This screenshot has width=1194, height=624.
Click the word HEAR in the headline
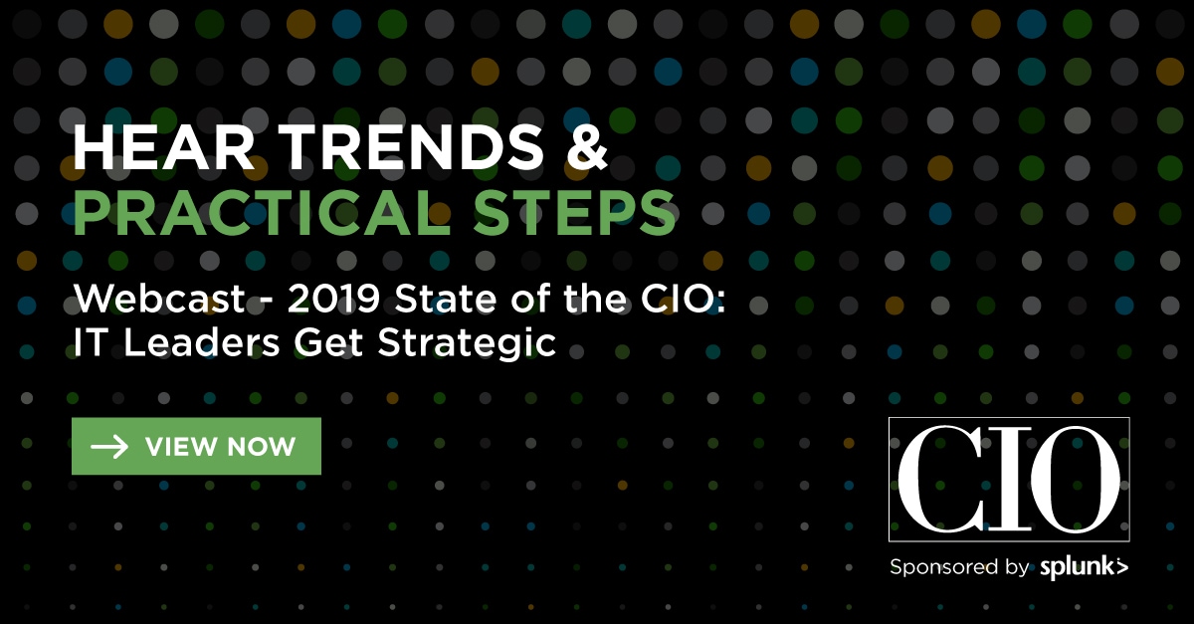tap(163, 146)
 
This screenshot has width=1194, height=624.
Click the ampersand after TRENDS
tap(587, 146)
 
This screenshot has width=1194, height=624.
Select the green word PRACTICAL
tap(262, 213)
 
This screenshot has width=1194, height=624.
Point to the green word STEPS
tap(575, 213)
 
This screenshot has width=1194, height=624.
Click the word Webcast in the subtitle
tap(159, 299)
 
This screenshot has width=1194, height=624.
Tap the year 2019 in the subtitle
tap(333, 299)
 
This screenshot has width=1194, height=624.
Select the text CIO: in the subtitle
tap(683, 299)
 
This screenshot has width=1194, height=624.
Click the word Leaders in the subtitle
tap(201, 342)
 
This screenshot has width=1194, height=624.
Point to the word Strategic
tap(467, 344)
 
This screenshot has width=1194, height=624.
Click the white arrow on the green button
tap(109, 447)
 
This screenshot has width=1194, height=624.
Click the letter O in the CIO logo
tap(1076, 480)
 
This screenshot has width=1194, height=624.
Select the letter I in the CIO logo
tap(1007, 480)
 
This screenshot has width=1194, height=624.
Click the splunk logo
tap(1085, 567)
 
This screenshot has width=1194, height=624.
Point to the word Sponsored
tap(943, 567)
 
